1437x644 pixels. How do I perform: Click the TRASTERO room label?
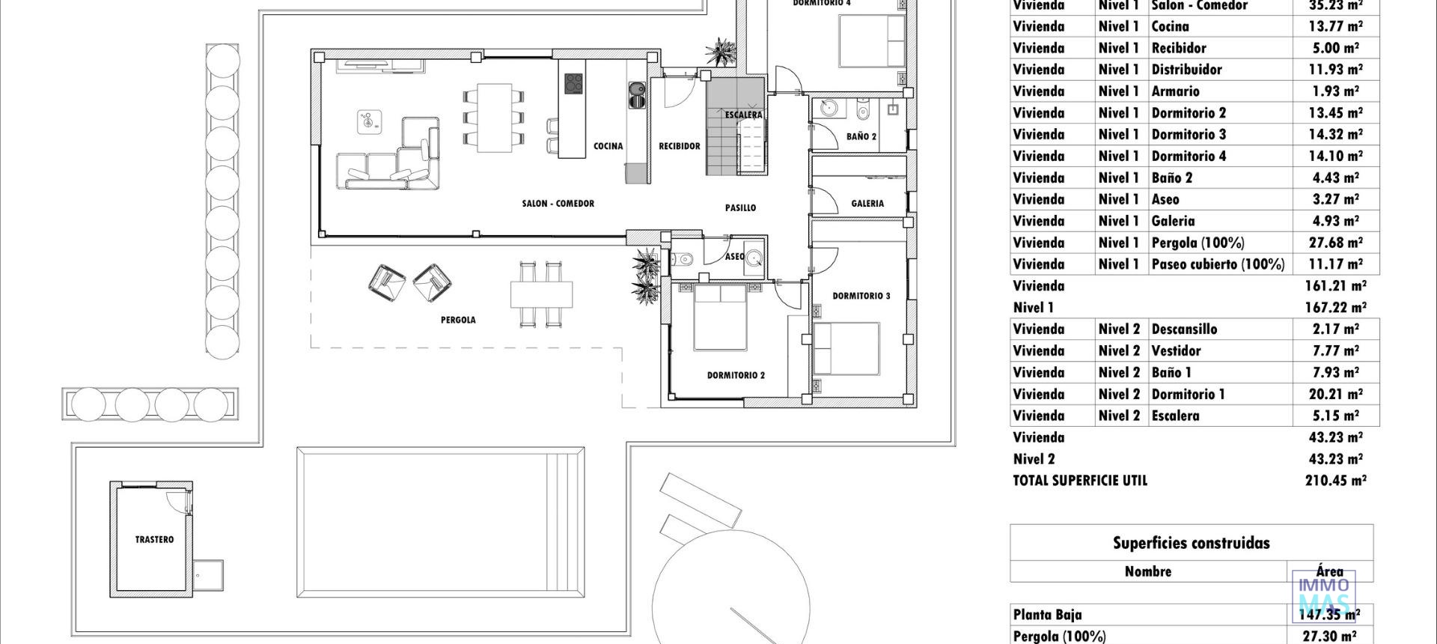coord(154,539)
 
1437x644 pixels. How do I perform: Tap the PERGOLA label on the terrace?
coord(458,320)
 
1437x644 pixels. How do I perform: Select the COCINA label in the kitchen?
coord(608,146)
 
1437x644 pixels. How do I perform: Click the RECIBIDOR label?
coord(679,146)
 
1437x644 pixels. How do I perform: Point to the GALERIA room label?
coord(867,203)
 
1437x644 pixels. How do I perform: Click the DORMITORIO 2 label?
coord(736,375)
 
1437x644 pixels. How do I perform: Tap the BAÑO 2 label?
coord(861,136)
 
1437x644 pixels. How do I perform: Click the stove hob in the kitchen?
coord(573,83)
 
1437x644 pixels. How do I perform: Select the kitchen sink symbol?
coord(637,94)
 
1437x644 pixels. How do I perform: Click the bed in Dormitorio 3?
coord(846,348)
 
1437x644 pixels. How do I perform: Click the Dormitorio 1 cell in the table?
coord(1188,394)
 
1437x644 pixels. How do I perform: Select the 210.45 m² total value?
coord(1335,481)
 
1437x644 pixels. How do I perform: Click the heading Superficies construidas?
coord(1191,543)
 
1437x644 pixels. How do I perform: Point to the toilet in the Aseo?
coord(683,259)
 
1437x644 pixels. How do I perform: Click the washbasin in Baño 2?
coord(829,110)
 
